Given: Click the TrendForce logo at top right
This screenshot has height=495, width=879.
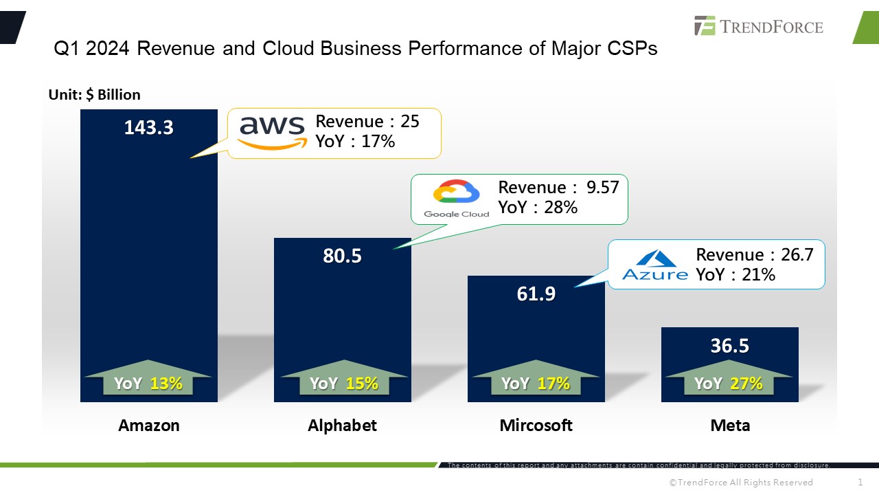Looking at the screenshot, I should (759, 26).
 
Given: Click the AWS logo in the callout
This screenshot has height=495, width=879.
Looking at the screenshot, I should (272, 131).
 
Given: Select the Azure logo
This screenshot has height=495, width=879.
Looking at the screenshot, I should (654, 265).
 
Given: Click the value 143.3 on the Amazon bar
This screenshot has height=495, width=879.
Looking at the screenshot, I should (148, 127).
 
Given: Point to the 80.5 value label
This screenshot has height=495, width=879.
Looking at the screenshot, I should (342, 256).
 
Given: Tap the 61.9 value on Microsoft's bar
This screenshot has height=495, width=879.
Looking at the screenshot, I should (536, 294).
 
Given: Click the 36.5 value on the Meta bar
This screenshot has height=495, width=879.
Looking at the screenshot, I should (729, 345).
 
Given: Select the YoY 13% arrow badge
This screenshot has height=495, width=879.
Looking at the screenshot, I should (148, 380).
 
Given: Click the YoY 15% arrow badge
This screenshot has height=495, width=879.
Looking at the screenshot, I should (343, 380).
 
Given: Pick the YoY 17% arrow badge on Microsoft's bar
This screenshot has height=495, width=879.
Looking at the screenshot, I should (536, 380).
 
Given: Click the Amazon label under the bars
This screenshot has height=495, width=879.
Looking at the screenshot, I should (149, 426).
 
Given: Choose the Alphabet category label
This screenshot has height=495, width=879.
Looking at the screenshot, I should (342, 426).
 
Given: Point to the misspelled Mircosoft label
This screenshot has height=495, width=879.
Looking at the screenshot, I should (536, 426).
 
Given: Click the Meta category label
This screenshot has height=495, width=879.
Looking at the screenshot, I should (730, 426).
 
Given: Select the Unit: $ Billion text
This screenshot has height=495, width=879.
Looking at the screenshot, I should (94, 95).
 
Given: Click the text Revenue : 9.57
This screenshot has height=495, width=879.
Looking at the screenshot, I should (558, 187).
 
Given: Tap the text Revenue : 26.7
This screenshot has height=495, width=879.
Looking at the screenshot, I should (754, 254).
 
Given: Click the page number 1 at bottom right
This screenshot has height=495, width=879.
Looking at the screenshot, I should (860, 482).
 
